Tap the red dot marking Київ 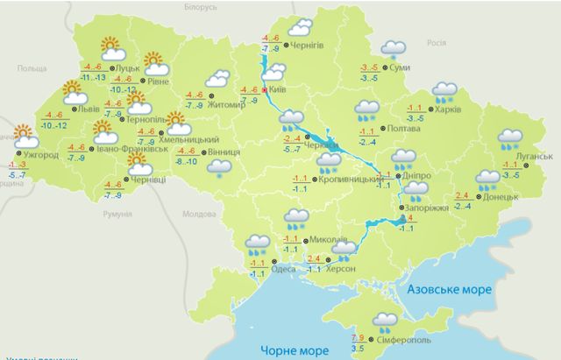coord(266,89)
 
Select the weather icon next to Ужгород coord(23,135)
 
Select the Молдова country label coord(197,214)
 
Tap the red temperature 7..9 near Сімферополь coord(358,337)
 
